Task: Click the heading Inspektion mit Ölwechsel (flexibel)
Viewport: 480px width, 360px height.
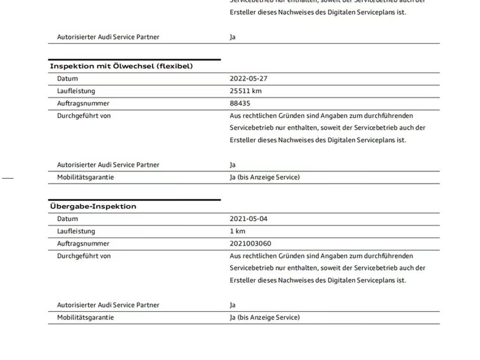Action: pos(121,66)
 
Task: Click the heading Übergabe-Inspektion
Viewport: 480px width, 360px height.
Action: pos(93,206)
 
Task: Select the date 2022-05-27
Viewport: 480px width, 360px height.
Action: pos(248,79)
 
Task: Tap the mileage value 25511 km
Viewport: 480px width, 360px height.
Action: pos(246,91)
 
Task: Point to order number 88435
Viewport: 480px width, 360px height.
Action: pos(240,104)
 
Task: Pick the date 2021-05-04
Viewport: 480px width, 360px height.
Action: pos(248,219)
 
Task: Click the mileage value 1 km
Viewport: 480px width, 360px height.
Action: pos(237,231)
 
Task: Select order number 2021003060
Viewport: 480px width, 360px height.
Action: pos(250,244)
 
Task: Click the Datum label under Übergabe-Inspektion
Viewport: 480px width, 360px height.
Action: pos(67,219)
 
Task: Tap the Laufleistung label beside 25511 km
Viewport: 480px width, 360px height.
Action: pos(76,91)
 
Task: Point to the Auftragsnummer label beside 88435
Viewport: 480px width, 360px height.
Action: pos(83,104)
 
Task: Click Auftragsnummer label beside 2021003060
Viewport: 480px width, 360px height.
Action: pos(83,244)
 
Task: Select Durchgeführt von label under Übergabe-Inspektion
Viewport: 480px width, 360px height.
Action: pos(84,256)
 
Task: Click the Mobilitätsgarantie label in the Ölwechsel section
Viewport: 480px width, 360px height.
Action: pos(85,177)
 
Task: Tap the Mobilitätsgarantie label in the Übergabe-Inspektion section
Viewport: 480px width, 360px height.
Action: pos(85,317)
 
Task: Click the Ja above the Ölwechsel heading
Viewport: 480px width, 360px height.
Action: pos(232,37)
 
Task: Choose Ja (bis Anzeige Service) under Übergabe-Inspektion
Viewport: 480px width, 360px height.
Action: pos(264,317)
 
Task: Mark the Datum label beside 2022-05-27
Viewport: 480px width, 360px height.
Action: pos(67,79)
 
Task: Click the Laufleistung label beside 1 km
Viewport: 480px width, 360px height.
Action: pos(76,231)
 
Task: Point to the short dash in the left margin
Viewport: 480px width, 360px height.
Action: pos(8,178)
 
